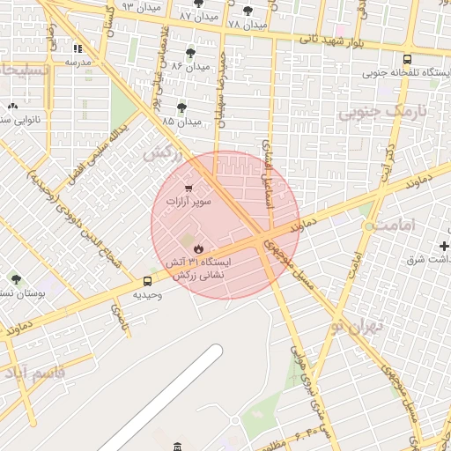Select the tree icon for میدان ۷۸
248,11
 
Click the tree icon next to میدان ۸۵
181,107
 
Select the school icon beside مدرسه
78,49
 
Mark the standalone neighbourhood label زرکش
162,152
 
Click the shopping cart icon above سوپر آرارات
189,188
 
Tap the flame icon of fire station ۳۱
197,249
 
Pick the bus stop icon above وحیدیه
147,282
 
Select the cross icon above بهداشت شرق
443,244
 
